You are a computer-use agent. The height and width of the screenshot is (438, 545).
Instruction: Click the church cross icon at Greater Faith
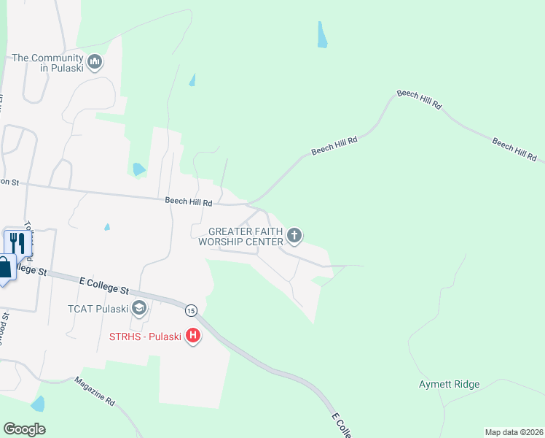[x=294, y=234]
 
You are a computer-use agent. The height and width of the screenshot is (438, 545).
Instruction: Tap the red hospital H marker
[x=193, y=337]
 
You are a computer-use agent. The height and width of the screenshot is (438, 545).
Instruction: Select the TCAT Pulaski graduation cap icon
[x=139, y=309]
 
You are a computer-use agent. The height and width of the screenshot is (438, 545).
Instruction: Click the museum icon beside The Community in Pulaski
[x=95, y=63]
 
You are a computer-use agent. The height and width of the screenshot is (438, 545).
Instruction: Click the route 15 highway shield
[x=191, y=310]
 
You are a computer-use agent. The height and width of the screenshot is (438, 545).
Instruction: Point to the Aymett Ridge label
[x=449, y=384]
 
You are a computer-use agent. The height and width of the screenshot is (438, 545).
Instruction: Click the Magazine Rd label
[x=95, y=391]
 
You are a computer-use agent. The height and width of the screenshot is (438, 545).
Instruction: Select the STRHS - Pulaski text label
[x=145, y=337]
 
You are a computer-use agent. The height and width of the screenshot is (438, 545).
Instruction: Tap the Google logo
[x=24, y=429]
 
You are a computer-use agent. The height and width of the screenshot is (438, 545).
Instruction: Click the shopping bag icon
[x=4, y=267]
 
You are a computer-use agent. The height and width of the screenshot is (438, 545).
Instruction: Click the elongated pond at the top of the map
[x=321, y=34]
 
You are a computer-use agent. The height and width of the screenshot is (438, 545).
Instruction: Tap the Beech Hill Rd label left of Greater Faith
[x=188, y=201]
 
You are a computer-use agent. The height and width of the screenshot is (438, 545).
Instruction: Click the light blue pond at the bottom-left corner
[x=38, y=404]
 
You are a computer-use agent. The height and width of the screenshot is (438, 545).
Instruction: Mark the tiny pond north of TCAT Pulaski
[x=107, y=227]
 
